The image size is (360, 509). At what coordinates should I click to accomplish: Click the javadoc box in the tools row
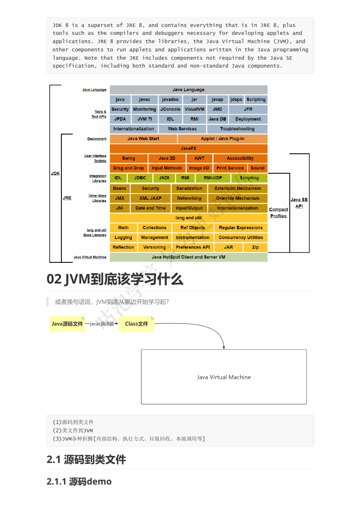tap(170, 99)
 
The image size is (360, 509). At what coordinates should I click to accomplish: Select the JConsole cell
tap(170, 109)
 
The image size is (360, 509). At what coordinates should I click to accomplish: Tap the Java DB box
tap(217, 119)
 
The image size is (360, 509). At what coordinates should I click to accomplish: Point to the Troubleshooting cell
tap(237, 129)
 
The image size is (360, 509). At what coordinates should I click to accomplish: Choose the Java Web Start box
tap(143, 138)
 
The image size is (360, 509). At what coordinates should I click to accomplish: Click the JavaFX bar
tap(189, 148)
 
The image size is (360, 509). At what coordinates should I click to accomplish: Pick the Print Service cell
tap(230, 168)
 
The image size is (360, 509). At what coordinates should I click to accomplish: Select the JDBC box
tap(140, 178)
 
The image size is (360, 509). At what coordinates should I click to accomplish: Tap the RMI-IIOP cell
tap(213, 178)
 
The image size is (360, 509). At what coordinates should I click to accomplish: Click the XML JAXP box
tap(150, 198)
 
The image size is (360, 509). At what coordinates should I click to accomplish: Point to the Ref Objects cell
tap(192, 228)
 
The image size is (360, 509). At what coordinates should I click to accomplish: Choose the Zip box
tap(255, 247)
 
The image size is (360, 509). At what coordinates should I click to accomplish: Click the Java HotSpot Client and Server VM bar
tap(189, 257)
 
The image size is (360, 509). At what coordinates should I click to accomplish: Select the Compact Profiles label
tap(278, 213)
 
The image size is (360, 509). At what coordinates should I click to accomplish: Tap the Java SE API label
tap(299, 203)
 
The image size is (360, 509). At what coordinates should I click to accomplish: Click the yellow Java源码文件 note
tap(67, 324)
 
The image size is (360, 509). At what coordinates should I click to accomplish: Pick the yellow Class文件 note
tap(136, 324)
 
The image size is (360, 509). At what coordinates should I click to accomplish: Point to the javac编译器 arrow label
tap(102, 324)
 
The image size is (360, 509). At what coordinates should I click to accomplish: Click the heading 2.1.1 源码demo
tap(79, 482)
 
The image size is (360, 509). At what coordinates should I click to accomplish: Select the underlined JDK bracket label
tap(55, 173)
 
